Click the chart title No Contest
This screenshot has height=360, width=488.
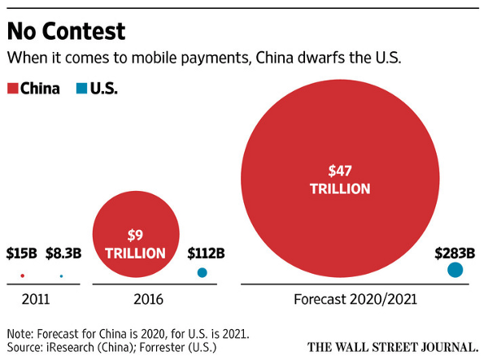(66, 31)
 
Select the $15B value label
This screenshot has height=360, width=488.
(22, 253)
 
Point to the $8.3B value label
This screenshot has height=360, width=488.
(63, 253)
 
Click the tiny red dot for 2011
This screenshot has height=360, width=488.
(22, 275)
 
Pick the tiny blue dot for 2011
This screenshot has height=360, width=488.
(61, 276)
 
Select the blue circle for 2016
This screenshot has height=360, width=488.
(202, 273)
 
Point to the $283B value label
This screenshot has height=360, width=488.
(455, 253)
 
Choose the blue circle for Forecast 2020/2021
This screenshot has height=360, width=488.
(455, 271)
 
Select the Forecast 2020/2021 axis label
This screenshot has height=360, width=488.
(355, 300)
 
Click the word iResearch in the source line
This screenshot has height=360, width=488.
(81, 347)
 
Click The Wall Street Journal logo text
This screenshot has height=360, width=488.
(390, 346)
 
